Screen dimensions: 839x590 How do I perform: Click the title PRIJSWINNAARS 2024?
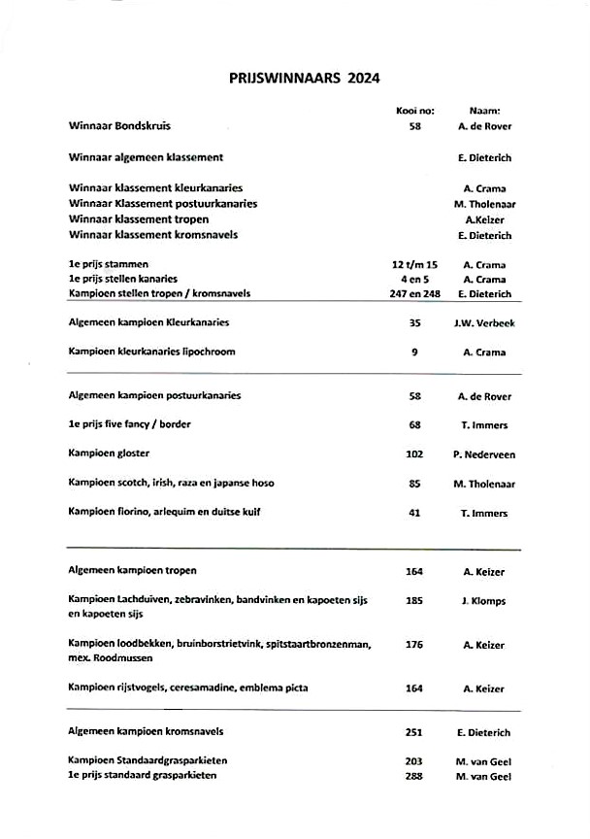(298, 78)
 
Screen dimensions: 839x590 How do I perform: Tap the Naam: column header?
(484, 111)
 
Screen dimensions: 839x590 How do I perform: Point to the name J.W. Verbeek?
(483, 323)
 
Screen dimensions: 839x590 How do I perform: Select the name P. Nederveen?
(483, 454)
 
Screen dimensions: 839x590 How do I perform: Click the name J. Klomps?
(483, 601)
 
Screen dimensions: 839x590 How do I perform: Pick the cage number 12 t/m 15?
(414, 264)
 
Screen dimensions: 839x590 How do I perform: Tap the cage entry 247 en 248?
(414, 293)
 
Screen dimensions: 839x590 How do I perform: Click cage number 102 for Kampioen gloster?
(414, 454)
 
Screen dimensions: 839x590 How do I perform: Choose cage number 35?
(414, 323)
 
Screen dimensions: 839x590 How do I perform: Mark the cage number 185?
(414, 601)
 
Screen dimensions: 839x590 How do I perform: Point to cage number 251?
(414, 732)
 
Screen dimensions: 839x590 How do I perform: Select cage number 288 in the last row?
(414, 776)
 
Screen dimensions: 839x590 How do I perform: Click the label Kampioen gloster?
(109, 453)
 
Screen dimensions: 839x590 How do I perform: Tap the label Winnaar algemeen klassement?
(147, 157)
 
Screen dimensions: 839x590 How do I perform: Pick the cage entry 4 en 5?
(414, 279)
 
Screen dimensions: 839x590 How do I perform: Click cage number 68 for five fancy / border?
(414, 425)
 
